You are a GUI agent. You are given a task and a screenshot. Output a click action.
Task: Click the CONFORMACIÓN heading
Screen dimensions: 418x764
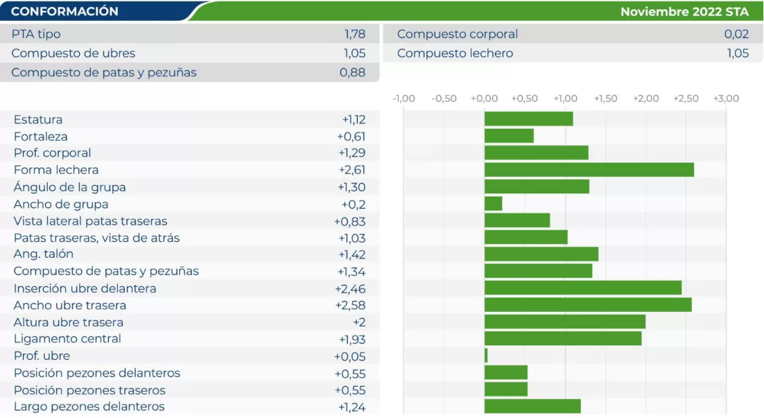coord(64,12)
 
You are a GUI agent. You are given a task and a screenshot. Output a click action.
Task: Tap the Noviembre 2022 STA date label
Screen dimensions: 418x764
coord(684,12)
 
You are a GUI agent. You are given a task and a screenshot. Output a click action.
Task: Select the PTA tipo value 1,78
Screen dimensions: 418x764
coord(354,34)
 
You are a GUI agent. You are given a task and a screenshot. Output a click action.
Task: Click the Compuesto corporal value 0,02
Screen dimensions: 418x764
coord(736,34)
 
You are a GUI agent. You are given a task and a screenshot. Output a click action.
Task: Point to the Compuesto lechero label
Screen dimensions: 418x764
coord(455,53)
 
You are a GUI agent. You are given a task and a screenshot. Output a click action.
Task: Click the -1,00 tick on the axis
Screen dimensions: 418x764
coord(403,98)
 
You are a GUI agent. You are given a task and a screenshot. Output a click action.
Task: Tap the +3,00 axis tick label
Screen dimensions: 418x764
coord(726,98)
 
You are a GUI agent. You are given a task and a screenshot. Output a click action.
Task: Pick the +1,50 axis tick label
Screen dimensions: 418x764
coord(605,98)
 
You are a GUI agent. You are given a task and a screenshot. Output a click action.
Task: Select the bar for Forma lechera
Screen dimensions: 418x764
coord(589,170)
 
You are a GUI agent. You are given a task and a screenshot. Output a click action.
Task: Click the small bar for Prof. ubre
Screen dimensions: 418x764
coord(486,356)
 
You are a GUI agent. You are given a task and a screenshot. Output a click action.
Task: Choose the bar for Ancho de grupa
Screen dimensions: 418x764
coord(493,204)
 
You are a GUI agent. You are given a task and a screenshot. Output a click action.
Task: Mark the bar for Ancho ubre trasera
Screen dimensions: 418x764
coord(588,305)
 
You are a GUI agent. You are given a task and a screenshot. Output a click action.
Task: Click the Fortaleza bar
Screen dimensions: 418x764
coord(509,136)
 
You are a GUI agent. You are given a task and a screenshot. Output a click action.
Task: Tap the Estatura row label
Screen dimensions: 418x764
coord(38,119)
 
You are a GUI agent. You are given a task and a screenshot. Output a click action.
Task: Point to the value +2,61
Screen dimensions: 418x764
coord(351,170)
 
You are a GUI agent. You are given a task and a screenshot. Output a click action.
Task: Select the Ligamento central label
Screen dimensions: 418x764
coord(67,339)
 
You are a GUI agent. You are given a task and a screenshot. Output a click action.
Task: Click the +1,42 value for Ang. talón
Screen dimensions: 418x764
coord(351,254)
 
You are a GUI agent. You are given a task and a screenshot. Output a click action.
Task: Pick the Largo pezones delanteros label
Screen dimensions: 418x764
coord(89,407)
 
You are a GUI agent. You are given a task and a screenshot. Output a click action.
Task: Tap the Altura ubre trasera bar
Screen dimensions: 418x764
coord(564,322)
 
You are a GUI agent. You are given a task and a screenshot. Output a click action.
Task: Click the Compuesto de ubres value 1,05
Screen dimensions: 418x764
coord(354,53)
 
